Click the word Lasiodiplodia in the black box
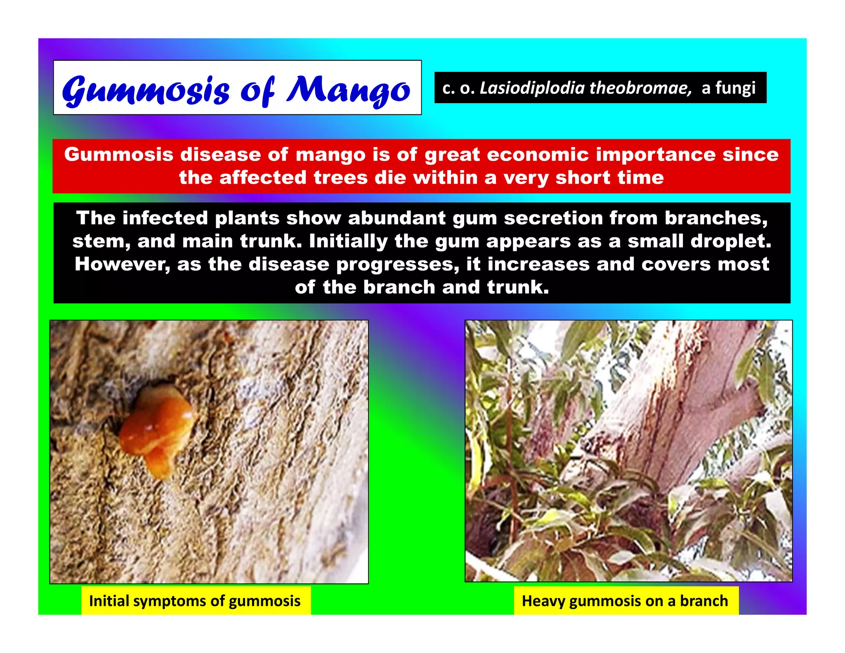tap(532, 88)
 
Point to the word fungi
tap(735, 88)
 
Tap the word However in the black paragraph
tap(122, 264)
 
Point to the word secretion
tap(553, 218)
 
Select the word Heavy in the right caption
tap(543, 601)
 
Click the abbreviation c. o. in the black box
tap(458, 88)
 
